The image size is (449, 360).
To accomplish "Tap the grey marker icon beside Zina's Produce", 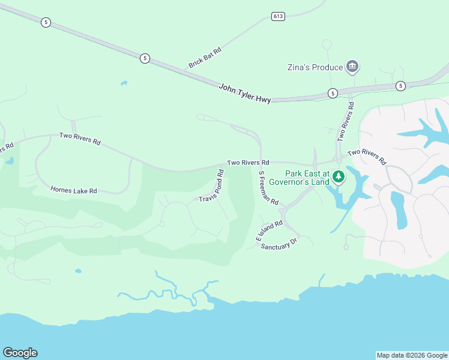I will click(352, 67).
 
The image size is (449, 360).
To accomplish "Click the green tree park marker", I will click(339, 176).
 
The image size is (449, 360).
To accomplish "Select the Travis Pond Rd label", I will click(212, 187).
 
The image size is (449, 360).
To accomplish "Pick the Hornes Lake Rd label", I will click(74, 191).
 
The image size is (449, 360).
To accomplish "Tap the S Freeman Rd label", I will click(268, 188).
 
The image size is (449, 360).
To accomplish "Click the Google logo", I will click(20, 353).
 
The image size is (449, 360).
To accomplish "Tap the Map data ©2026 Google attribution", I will click(412, 355).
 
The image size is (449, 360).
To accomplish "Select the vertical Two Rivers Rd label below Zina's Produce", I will click(345, 121).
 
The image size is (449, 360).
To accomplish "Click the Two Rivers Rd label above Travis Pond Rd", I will click(247, 163).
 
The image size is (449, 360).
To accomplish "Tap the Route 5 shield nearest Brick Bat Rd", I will click(145, 58).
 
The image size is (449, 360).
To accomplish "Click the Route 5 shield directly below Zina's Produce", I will click(332, 93).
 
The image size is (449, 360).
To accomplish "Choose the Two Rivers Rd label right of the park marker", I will click(366, 156).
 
